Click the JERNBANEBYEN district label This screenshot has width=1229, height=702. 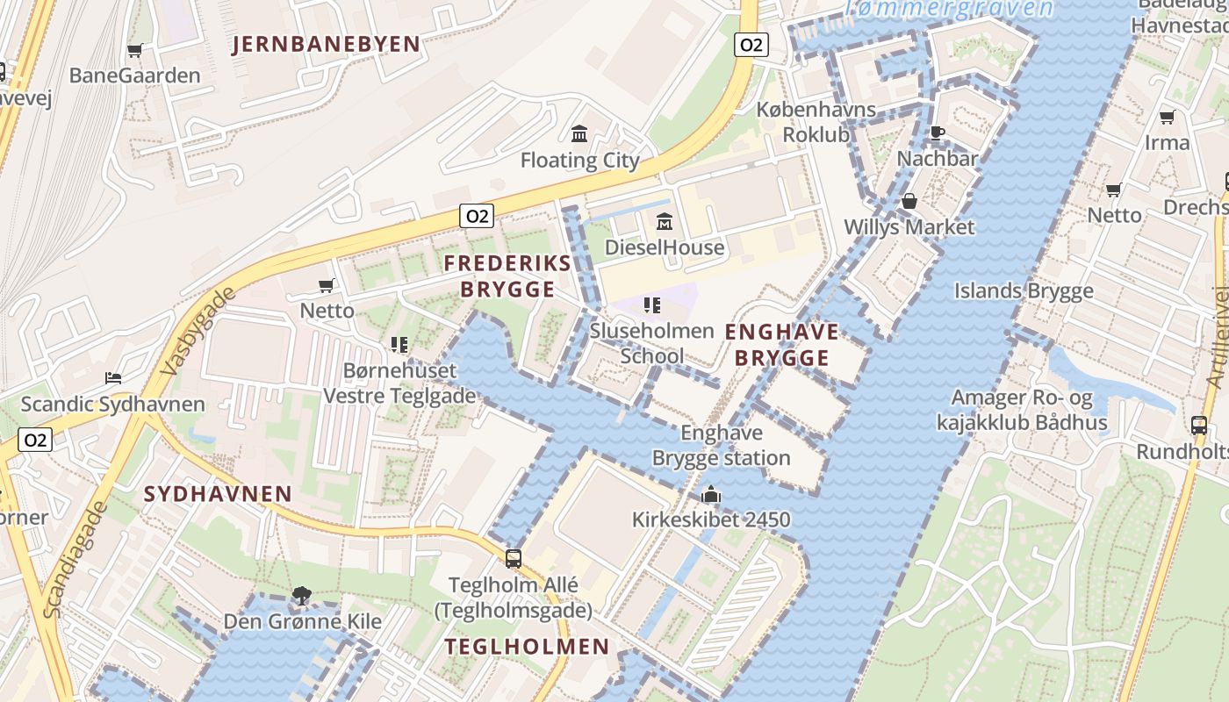click(326, 45)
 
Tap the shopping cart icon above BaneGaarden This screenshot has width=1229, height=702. click(135, 51)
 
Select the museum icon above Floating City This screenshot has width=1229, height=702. click(579, 134)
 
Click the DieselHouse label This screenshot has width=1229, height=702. click(665, 247)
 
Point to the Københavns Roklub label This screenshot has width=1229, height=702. click(816, 122)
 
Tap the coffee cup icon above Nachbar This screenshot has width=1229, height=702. click(937, 133)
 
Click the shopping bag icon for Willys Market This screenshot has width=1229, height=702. click(909, 202)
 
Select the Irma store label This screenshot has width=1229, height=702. click(1167, 142)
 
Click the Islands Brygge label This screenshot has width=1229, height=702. click(1024, 290)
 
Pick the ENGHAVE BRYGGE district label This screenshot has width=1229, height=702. click(781, 345)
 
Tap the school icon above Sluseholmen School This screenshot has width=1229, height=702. click(651, 305)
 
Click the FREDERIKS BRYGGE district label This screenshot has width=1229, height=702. click(507, 276)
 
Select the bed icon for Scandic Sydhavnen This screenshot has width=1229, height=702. click(113, 378)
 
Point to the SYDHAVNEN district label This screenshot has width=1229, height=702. click(218, 493)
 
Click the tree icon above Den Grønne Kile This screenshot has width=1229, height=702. click(302, 596)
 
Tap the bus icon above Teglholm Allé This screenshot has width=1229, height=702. click(514, 558)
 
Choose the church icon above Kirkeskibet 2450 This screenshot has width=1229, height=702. click(711, 495)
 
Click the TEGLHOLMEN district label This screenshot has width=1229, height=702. click(527, 647)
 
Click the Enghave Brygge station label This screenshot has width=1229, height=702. click(721, 445)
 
